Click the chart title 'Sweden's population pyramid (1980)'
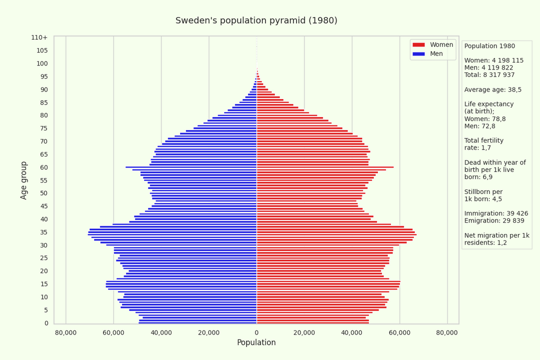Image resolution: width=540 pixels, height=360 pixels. tap(256, 20)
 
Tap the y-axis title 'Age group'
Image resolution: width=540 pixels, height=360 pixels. tap(24, 180)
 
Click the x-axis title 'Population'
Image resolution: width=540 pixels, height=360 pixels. tap(256, 342)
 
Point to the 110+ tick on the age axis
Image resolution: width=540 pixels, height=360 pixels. tap(39, 37)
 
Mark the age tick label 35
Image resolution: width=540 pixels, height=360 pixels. tap(44, 232)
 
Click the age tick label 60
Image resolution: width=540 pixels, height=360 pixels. tap(44, 167)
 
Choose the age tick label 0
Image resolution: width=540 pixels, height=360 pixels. tap(46, 323)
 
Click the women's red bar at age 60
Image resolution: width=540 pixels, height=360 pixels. tap(325, 167)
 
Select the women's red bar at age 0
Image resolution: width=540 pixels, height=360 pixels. tap(312, 322)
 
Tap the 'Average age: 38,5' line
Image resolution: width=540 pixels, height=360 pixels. tap(493, 90)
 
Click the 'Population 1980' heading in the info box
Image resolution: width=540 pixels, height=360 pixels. tap(489, 46)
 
